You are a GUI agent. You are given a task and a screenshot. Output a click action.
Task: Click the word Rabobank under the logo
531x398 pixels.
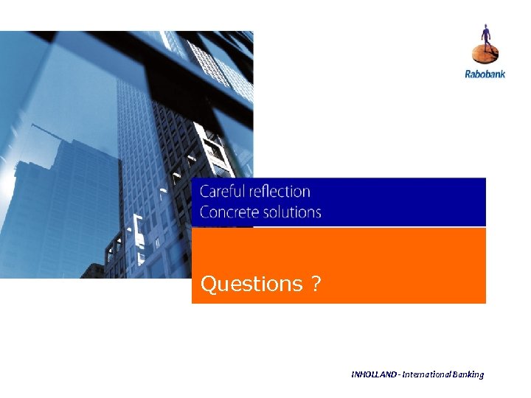point(485,74)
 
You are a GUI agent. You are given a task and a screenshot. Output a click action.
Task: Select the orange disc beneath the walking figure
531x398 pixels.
point(485,55)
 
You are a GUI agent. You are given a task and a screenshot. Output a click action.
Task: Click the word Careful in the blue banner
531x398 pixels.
point(222,192)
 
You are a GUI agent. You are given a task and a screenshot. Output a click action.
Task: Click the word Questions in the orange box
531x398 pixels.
point(251,284)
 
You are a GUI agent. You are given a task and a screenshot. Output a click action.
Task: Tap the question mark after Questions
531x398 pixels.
point(316,284)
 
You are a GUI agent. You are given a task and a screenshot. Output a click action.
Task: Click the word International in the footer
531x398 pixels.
point(428,374)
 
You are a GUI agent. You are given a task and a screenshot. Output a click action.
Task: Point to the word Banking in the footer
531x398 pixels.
point(470,374)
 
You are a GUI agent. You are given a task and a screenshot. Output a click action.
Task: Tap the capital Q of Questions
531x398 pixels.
point(208,284)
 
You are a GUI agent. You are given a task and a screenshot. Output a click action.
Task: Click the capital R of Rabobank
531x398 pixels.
point(468,74)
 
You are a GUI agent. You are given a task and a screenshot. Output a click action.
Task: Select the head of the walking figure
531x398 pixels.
point(485,27)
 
